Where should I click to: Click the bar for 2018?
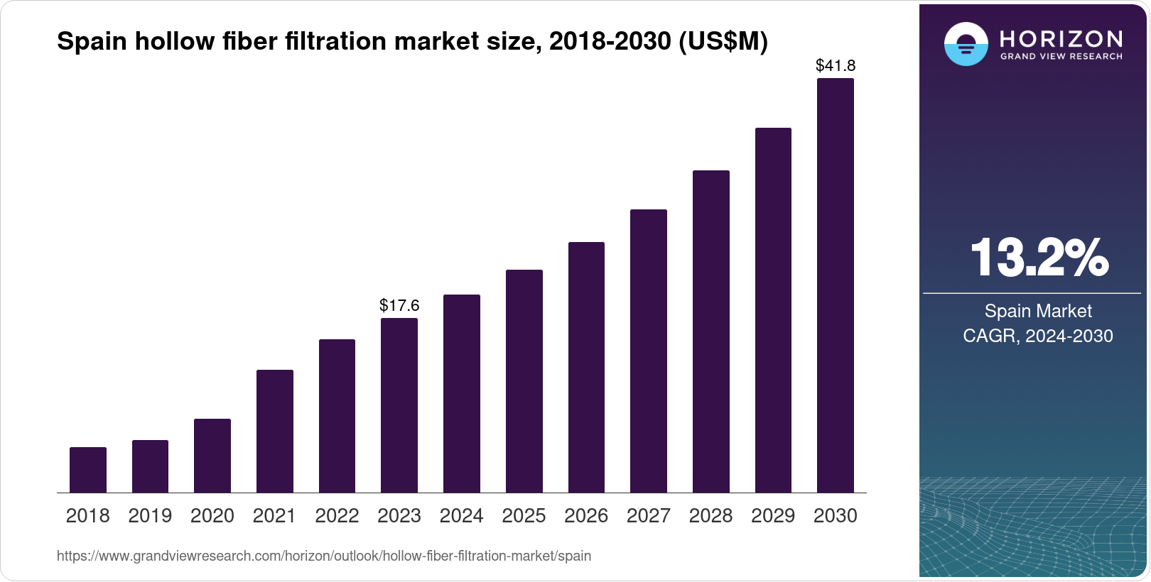88,469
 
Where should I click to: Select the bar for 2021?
275,431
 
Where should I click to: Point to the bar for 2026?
586,367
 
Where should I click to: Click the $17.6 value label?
399,305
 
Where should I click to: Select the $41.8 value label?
836,66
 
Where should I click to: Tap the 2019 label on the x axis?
150,516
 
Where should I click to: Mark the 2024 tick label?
462,516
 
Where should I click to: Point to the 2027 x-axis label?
649,516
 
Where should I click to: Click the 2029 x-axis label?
773,516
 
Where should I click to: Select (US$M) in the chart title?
723,42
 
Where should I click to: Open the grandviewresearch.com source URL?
324,556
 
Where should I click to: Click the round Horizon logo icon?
966,45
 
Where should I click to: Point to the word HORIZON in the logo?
1061,38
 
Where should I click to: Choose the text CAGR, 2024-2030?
1038,336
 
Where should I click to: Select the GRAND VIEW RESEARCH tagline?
1061,56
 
